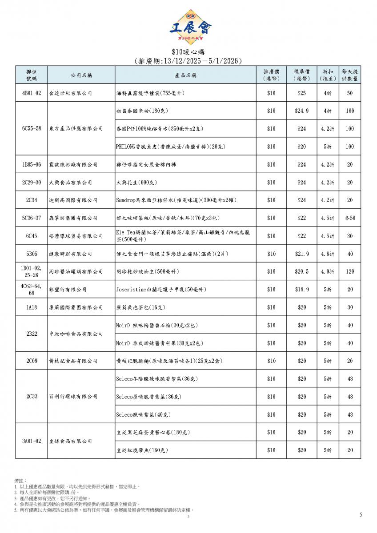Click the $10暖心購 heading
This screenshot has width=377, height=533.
click(x=188, y=52)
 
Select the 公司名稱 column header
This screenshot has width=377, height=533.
click(x=81, y=75)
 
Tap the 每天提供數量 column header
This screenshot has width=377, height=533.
click(x=350, y=75)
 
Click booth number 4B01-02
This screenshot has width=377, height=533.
click(x=31, y=93)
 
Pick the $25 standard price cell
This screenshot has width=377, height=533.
click(x=302, y=93)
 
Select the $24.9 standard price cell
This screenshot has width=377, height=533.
click(x=302, y=111)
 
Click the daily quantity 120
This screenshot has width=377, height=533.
click(x=350, y=271)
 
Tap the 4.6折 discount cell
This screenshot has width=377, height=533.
click(x=328, y=254)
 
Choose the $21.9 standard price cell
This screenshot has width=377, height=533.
click(x=302, y=254)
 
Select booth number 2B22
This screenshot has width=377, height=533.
click(x=31, y=334)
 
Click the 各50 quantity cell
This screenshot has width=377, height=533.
click(x=350, y=218)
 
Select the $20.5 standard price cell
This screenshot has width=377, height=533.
click(x=302, y=271)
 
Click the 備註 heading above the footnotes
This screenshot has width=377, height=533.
click(x=20, y=481)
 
